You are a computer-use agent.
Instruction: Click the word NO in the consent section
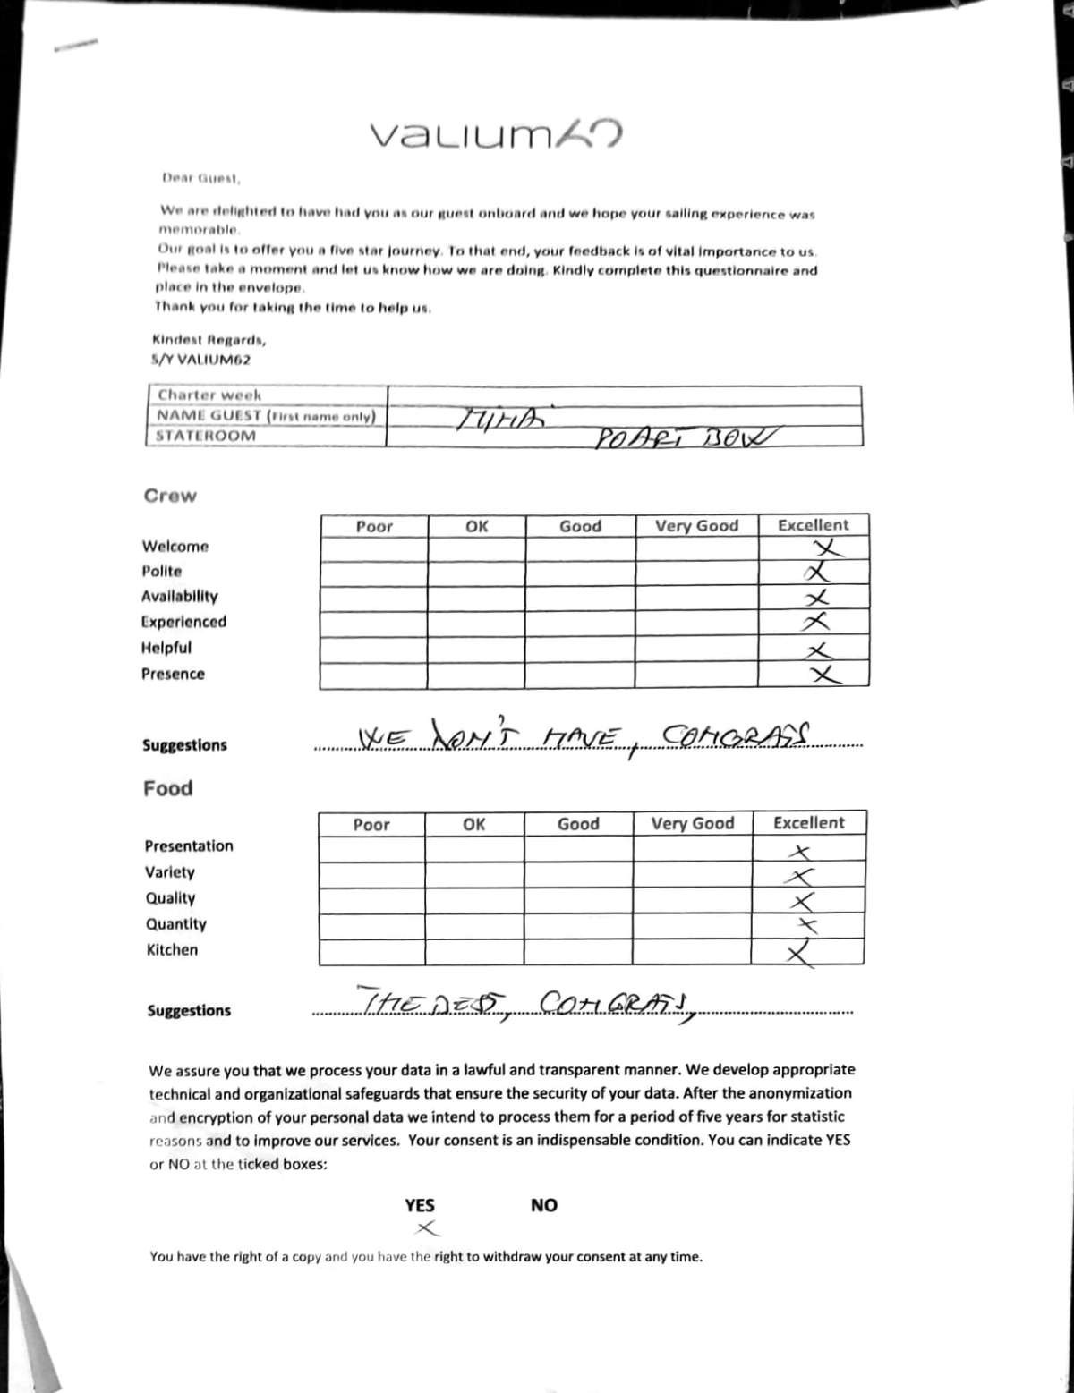(x=543, y=1205)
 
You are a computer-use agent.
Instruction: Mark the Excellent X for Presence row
(x=824, y=675)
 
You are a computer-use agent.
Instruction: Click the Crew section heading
(x=170, y=496)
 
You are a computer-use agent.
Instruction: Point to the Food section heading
(x=168, y=788)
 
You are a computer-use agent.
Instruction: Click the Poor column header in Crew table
(x=374, y=527)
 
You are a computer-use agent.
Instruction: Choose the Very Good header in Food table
(x=692, y=823)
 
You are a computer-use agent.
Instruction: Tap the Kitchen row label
(x=172, y=950)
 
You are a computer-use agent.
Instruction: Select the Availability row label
(x=179, y=597)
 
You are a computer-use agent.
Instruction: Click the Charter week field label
(x=209, y=395)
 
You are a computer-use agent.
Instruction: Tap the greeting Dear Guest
(x=200, y=178)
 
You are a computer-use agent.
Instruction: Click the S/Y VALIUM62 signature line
(x=200, y=360)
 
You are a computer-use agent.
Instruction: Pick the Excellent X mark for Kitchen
(x=802, y=954)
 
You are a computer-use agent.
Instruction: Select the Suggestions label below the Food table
(x=189, y=1011)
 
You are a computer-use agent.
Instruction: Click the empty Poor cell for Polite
(x=373, y=573)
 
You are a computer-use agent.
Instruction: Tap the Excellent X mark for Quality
(x=804, y=901)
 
